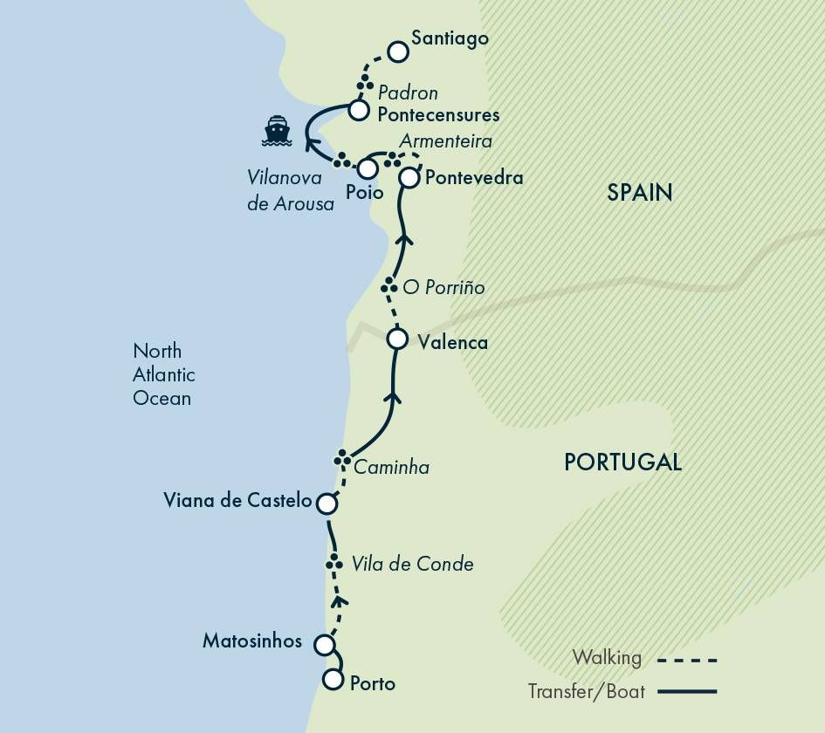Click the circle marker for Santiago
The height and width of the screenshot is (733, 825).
[398, 51]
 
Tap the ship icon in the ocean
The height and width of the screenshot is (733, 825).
[277, 131]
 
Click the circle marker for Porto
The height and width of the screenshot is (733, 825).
[333, 680]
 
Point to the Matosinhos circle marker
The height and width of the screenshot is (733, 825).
[324, 645]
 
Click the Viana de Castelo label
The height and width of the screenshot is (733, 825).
[237, 501]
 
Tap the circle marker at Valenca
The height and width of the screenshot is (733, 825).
[397, 338]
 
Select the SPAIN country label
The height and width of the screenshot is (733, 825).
[640, 193]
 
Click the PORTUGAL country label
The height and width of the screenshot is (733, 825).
[622, 462]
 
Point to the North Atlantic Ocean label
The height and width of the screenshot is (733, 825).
[163, 374]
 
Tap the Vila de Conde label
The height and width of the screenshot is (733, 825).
[412, 564]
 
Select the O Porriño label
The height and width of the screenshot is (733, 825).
[443, 287]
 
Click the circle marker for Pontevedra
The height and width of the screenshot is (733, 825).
[409, 178]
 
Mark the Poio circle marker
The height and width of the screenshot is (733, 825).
[368, 168]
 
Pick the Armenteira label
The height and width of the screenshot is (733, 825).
[445, 140]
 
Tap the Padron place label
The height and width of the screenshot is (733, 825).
[408, 92]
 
